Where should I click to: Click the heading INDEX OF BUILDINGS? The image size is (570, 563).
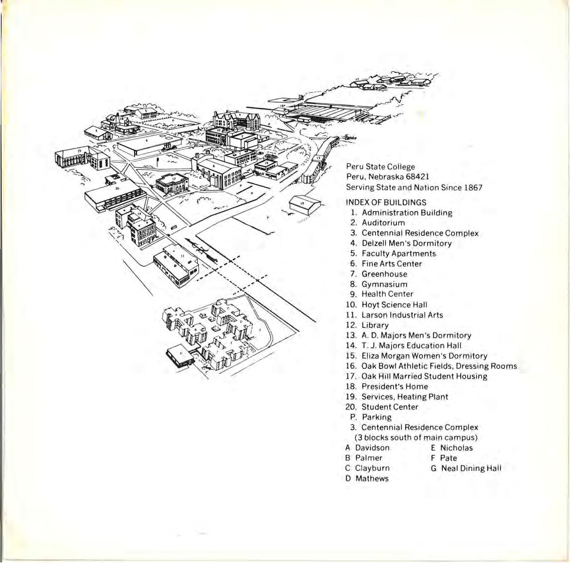coord(386,202)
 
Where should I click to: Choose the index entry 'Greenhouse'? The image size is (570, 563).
coord(384,274)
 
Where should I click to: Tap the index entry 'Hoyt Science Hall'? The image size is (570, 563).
coord(394,305)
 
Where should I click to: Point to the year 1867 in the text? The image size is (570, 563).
coord(472,187)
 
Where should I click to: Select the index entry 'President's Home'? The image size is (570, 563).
coord(395,386)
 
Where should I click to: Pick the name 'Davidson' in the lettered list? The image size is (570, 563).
coord(372,448)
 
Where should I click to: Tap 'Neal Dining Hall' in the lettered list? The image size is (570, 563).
coord(471,468)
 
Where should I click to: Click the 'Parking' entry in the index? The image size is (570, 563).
coord(377,417)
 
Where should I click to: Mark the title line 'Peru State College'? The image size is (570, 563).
coord(380,166)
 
